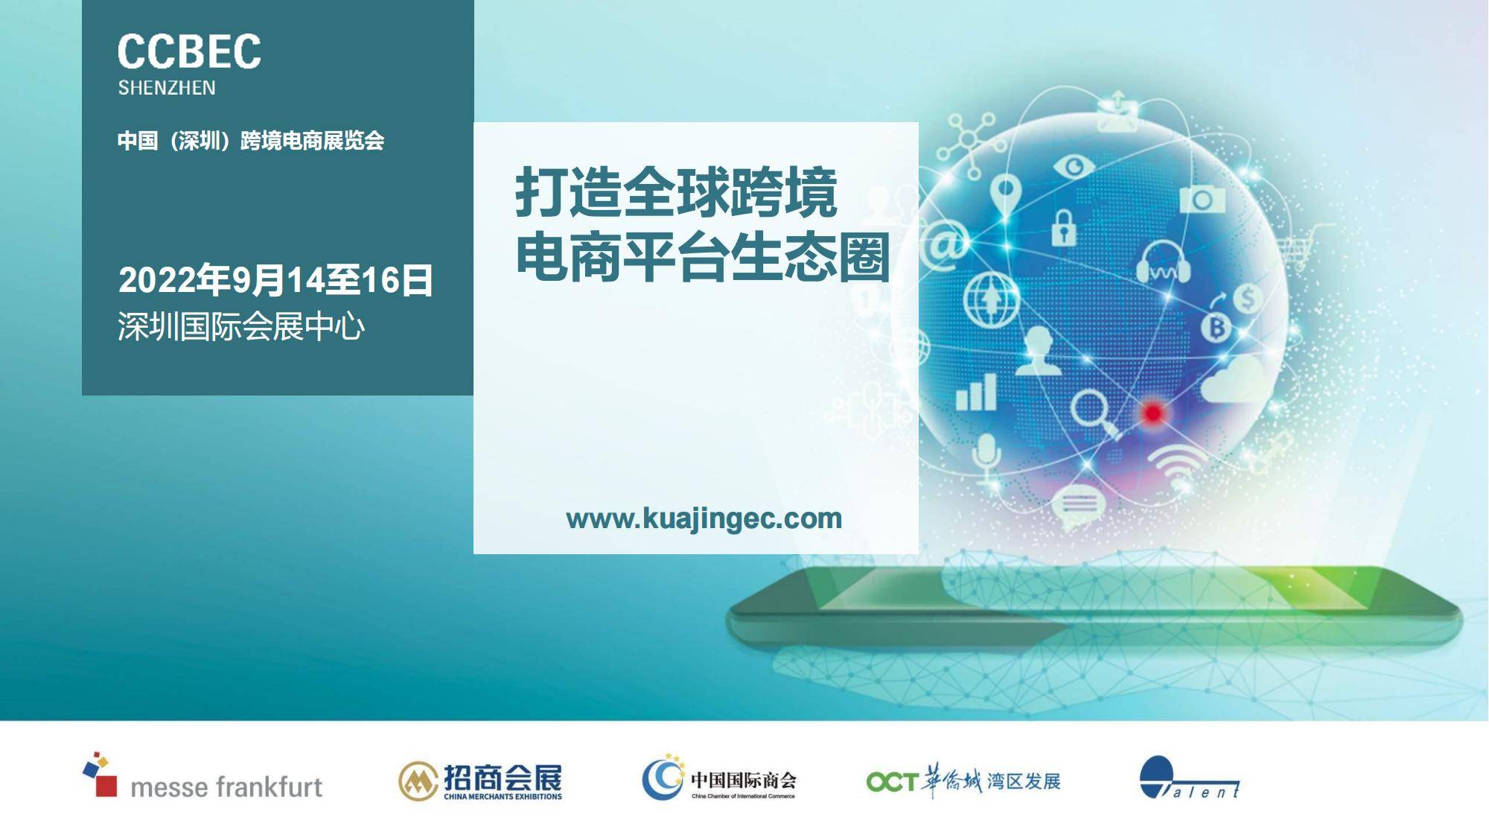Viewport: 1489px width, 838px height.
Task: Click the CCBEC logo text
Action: [189, 51]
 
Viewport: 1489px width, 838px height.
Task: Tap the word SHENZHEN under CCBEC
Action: [167, 88]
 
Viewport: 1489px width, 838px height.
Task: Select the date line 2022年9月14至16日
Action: [275, 280]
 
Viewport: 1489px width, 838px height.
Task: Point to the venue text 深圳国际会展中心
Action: [241, 327]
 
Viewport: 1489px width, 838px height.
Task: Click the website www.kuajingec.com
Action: [704, 518]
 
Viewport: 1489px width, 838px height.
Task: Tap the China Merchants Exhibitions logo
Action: [480, 781]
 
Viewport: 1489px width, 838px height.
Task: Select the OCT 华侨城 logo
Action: [963, 781]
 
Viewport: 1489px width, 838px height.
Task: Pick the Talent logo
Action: [1190, 778]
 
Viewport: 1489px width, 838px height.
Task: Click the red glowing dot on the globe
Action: [1152, 413]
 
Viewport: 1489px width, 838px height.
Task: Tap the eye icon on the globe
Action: [1074, 167]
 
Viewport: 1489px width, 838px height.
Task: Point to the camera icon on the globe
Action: [1202, 199]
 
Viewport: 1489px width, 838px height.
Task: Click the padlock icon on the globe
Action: [1064, 227]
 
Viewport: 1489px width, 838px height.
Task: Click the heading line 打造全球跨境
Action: [676, 192]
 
